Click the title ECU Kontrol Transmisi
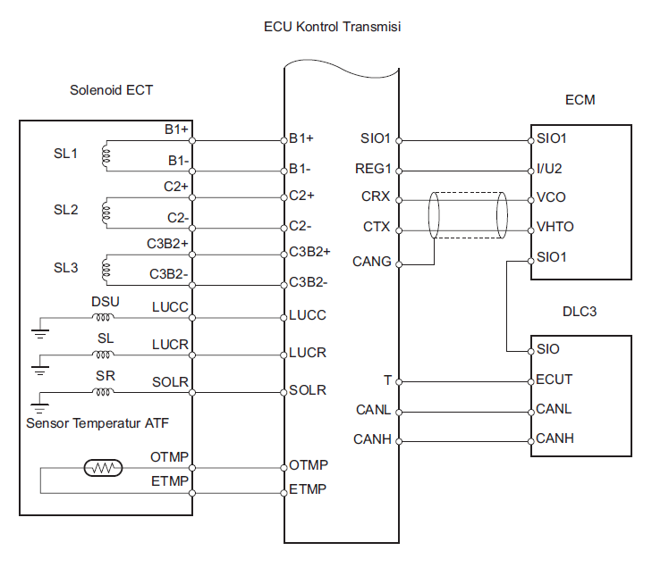tap(332, 27)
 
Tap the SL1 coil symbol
tap(106, 154)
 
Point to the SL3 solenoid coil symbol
tap(106, 268)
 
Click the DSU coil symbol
tap(105, 316)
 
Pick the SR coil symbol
tap(105, 391)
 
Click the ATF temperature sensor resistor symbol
tap(104, 467)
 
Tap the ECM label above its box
tap(580, 100)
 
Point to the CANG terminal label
tap(372, 262)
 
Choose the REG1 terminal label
tap(373, 169)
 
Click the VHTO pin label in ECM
tap(555, 227)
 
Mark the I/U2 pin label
tap(549, 168)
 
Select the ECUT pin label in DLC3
tap(554, 380)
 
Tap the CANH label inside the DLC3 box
tap(555, 438)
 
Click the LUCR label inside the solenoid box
tap(170, 344)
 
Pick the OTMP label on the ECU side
tap(309, 465)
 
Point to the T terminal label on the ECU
tap(388, 380)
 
